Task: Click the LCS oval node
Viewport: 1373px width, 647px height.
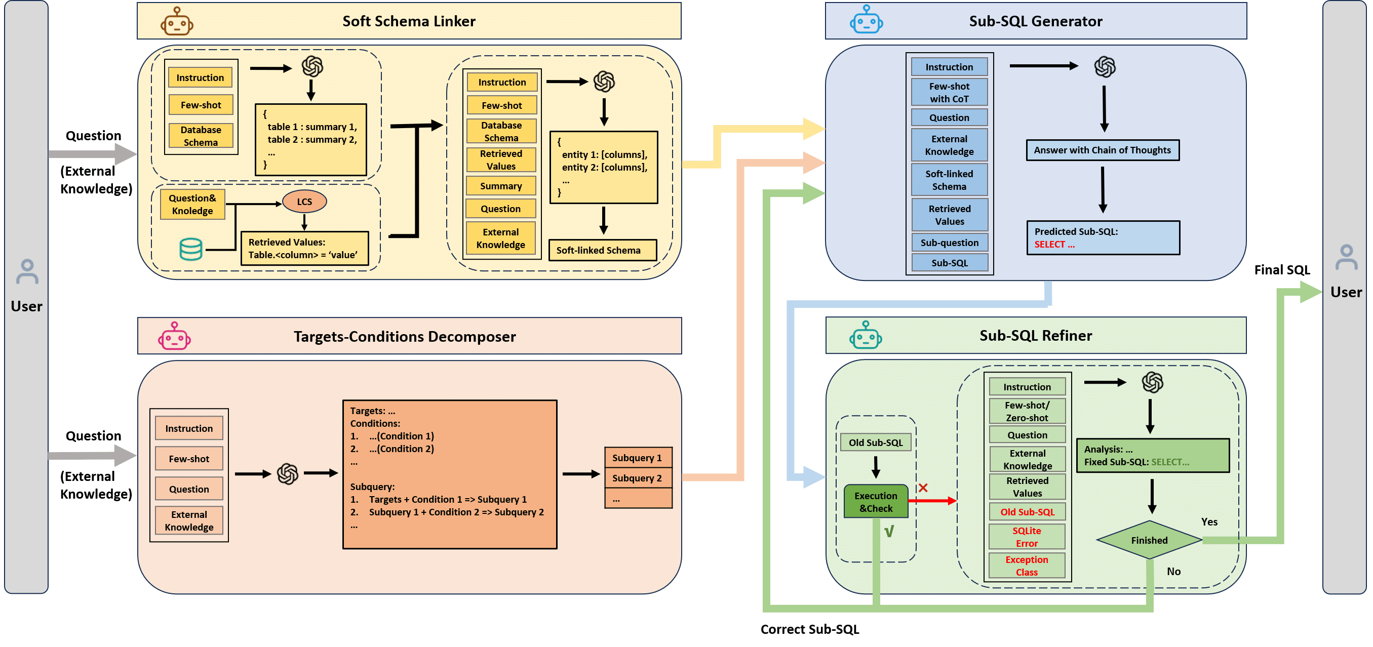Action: (304, 201)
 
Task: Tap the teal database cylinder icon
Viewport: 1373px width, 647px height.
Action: (191, 249)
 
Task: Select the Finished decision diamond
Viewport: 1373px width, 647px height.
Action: (1149, 540)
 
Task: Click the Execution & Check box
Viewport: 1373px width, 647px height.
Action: (876, 502)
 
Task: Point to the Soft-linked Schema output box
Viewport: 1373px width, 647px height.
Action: (602, 250)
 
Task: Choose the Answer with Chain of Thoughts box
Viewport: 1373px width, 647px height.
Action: (1102, 150)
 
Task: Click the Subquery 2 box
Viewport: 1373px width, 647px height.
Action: (638, 478)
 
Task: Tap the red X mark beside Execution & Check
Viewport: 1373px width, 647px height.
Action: (923, 488)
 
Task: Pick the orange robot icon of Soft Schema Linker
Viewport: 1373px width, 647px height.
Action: (177, 22)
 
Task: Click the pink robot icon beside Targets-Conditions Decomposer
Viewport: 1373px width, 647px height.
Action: (174, 336)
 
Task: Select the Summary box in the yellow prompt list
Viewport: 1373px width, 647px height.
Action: (500, 186)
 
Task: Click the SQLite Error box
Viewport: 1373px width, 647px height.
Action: (1027, 537)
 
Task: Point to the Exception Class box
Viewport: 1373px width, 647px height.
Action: (1027, 565)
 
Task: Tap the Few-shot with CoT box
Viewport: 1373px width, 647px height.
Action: (949, 92)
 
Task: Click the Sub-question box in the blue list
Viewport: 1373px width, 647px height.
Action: (949, 242)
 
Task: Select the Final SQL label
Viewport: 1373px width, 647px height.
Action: (1282, 270)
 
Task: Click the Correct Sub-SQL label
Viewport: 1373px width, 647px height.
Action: (810, 629)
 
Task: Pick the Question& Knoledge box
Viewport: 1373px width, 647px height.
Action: (192, 205)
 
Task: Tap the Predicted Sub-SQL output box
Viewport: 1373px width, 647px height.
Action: (1103, 238)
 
